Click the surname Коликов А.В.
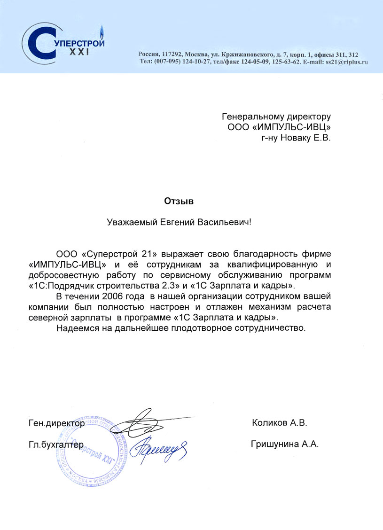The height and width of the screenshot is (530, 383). coord(279,423)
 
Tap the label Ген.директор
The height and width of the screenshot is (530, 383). coord(56,423)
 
